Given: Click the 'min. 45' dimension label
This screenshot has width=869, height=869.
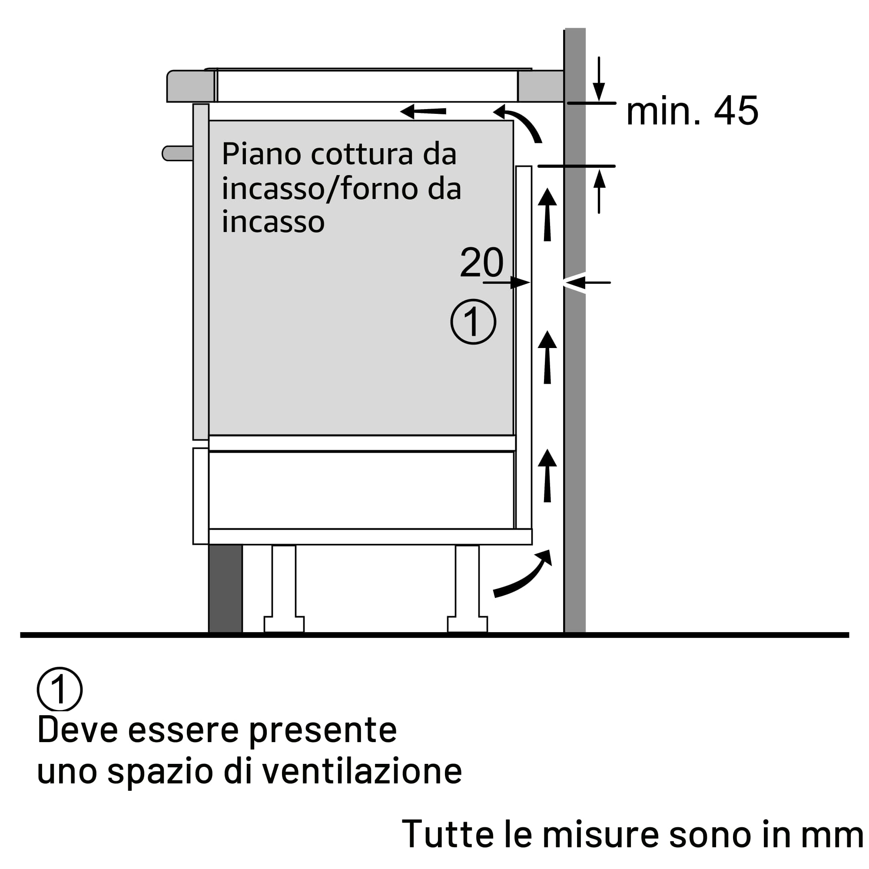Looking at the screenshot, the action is click(x=692, y=111).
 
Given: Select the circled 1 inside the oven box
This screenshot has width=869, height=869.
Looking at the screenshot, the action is click(x=473, y=322).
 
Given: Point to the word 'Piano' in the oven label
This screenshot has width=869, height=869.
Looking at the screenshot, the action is click(x=261, y=154).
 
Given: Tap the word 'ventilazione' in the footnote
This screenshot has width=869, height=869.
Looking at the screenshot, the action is click(x=362, y=771).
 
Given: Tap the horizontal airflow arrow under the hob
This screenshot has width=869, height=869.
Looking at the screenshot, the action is click(x=423, y=111).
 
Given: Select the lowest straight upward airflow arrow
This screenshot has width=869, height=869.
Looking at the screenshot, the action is click(x=547, y=475).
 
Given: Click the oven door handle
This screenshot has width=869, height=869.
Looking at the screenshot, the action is click(x=178, y=153).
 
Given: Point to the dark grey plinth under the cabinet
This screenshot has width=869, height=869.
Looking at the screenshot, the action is click(x=226, y=589).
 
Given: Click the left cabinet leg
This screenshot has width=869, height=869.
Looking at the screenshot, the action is click(x=284, y=588).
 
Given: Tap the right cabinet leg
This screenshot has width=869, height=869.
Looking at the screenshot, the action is click(x=468, y=588).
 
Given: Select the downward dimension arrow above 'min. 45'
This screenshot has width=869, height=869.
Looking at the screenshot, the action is click(x=599, y=79).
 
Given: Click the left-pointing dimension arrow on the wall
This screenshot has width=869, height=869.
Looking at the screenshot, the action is click(x=587, y=282).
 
